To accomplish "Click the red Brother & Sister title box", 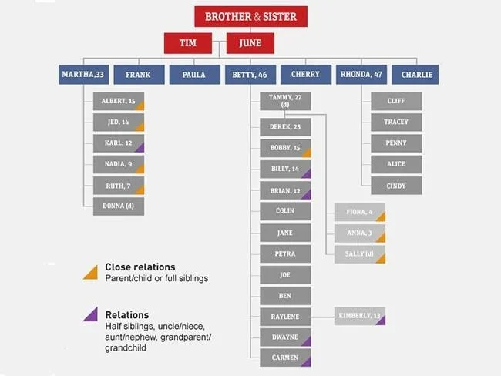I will coord(250,16).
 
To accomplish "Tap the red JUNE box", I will coord(250,43).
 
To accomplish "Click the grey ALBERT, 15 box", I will coord(119,102).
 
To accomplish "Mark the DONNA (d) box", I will coord(119,206).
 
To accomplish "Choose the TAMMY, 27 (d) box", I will coord(284,101).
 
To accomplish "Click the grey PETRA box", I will coord(284,253).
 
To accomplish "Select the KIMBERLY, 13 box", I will coord(359,316).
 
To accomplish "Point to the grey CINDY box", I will coord(395,185).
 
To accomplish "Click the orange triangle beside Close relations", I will coord(91,270).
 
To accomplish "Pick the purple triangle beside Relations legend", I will coord(91,314).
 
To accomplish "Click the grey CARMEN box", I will coord(284,358).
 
